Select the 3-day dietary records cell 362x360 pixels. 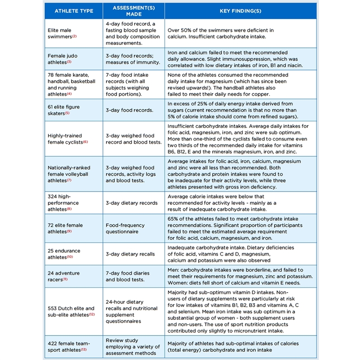[x=132, y=203]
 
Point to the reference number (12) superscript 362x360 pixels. [x=91, y=314]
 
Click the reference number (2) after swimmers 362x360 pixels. [x=74, y=36]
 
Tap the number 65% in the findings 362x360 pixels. [x=174, y=218]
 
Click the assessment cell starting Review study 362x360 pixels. [x=132, y=346]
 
